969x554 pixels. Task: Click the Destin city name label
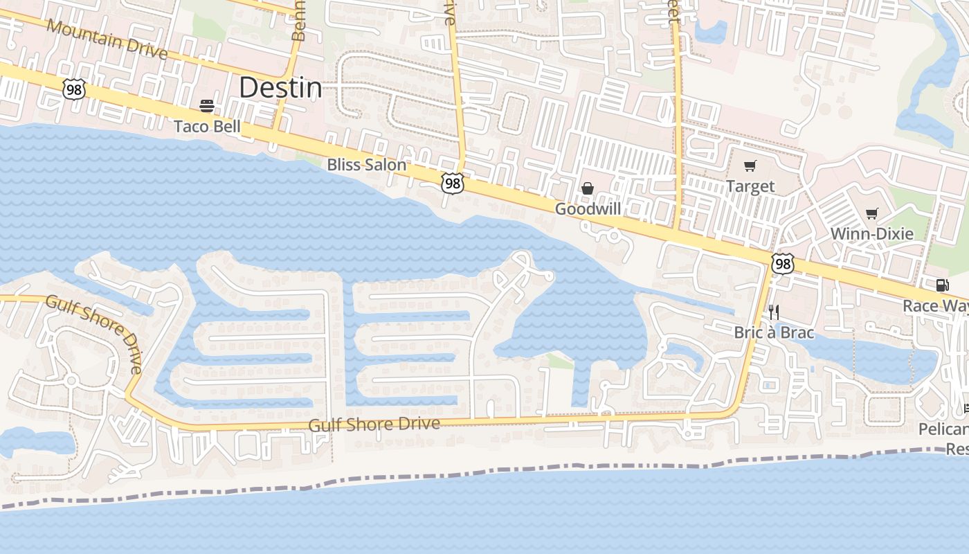pos(280,88)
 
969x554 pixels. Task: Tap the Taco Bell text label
pos(207,126)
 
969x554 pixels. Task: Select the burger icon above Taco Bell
pos(207,106)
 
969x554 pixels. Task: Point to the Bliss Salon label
pos(366,165)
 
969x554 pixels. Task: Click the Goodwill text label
pos(588,208)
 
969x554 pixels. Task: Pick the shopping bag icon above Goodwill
pos(588,188)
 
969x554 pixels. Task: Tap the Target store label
pos(750,186)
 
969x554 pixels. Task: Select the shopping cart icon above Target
pos(750,166)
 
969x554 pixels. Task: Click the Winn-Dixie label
pos(871,233)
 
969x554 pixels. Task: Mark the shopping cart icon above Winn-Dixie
pos(872,213)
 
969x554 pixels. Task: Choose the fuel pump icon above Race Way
pos(942,285)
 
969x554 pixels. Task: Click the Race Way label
pos(934,305)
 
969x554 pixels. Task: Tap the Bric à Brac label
pos(774,332)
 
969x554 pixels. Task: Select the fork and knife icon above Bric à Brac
pos(774,312)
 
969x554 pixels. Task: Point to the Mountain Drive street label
pos(107,39)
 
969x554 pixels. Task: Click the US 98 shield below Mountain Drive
pos(73,89)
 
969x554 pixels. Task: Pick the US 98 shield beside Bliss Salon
pos(451,184)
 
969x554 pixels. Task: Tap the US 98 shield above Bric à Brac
pos(782,264)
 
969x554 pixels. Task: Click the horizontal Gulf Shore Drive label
pos(374,424)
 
